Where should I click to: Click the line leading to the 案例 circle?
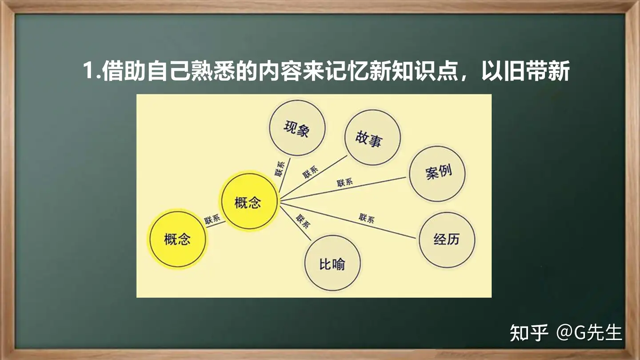tap(343, 188)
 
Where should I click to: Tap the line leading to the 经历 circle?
tap(348, 220)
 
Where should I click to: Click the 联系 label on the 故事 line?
tap(310, 172)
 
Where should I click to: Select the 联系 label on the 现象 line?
tap(280, 168)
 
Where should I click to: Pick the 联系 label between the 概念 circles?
tap(212, 220)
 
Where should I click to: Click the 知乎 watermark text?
tap(529, 332)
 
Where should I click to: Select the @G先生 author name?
tap(589, 332)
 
